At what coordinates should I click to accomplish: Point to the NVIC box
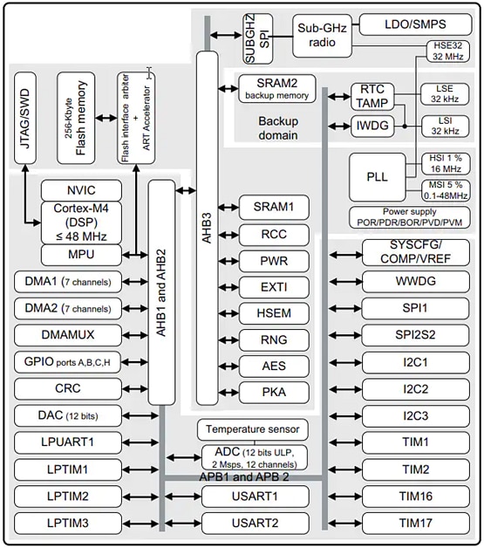(80, 191)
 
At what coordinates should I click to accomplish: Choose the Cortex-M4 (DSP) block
(80, 223)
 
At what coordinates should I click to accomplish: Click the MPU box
(80, 255)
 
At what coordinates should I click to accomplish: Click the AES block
(275, 366)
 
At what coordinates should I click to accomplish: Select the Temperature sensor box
(252, 429)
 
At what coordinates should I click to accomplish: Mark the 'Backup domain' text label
(278, 127)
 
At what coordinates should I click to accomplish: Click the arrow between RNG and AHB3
(228, 339)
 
